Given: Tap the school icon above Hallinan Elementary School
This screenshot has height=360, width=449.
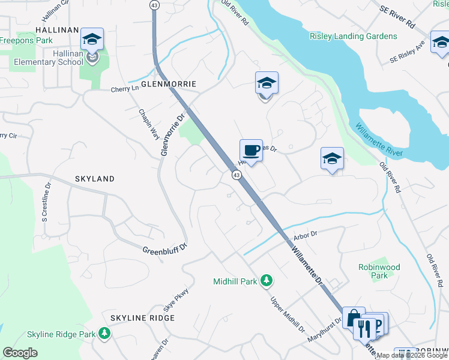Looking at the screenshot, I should point(92,40).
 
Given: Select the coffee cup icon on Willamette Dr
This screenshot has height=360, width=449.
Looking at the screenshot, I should point(251,151).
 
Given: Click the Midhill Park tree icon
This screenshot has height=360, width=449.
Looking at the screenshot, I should point(267,281).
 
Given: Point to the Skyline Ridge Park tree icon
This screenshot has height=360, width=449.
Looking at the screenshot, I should point(104,333).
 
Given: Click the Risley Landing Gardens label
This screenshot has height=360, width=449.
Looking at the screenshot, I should point(353,36).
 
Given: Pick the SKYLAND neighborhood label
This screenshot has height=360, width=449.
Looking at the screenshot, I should point(94,179).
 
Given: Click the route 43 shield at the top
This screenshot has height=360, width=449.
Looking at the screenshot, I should point(154,5).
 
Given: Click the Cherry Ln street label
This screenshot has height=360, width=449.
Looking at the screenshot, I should point(124,89).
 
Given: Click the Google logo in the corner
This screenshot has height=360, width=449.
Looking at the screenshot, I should point(20,353).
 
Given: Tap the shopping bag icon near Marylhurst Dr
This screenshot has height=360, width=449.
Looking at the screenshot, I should point(353,318).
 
